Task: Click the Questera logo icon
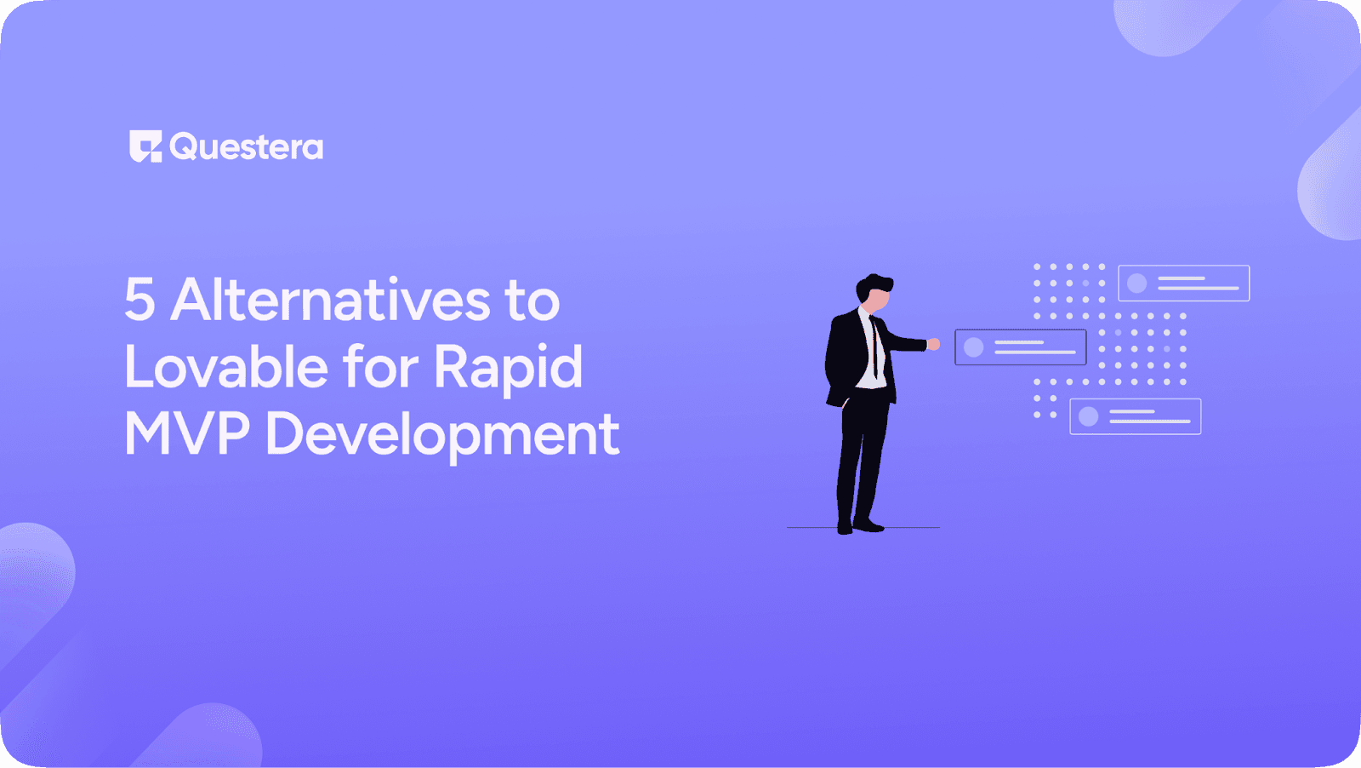point(145,146)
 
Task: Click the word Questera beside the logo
point(247,147)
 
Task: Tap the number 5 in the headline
point(140,301)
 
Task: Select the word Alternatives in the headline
point(331,301)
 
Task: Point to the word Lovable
point(225,368)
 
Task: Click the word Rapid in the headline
point(508,368)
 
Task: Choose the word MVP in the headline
point(187,434)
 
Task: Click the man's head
point(874,291)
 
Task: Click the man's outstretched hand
point(933,344)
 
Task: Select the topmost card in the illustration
point(1183,284)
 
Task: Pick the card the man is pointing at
point(1020,347)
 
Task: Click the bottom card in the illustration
point(1135,416)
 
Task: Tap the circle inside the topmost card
point(1137,284)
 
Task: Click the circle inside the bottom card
point(1088,416)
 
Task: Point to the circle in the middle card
point(974,347)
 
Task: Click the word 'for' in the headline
point(381,368)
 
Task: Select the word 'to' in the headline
point(532,301)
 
